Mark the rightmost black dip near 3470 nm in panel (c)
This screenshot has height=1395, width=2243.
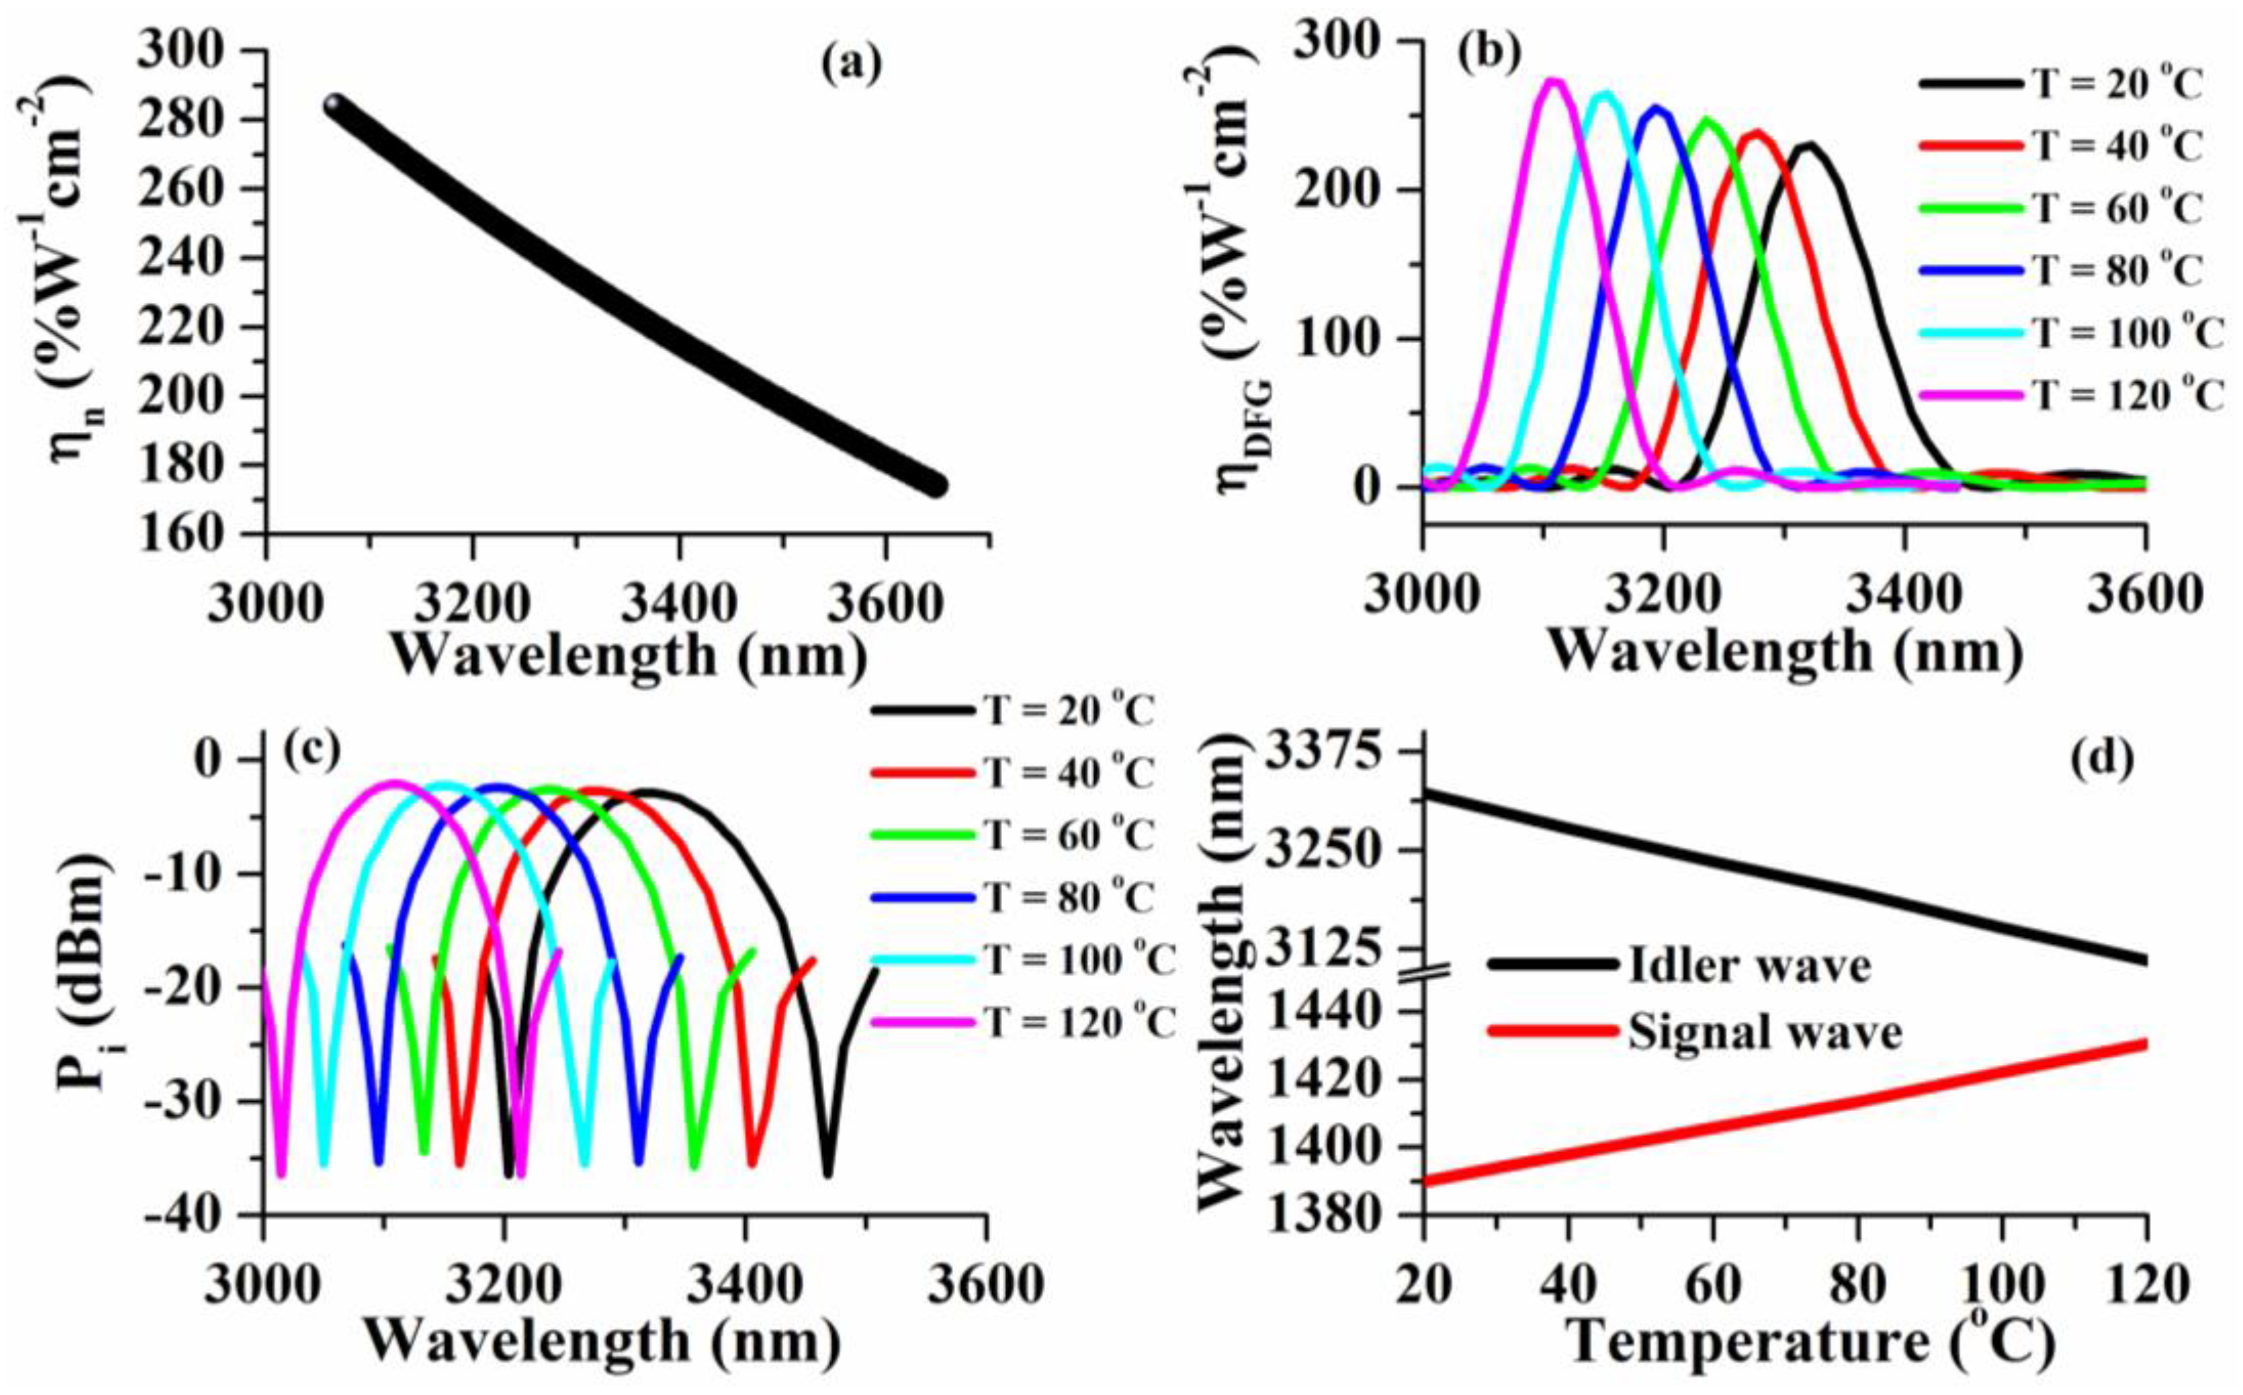(827, 1172)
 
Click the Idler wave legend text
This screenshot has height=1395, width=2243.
(1748, 965)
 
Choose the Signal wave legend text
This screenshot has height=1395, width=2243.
(1764, 1031)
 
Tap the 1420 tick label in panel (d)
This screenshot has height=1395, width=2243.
(1334, 1081)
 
